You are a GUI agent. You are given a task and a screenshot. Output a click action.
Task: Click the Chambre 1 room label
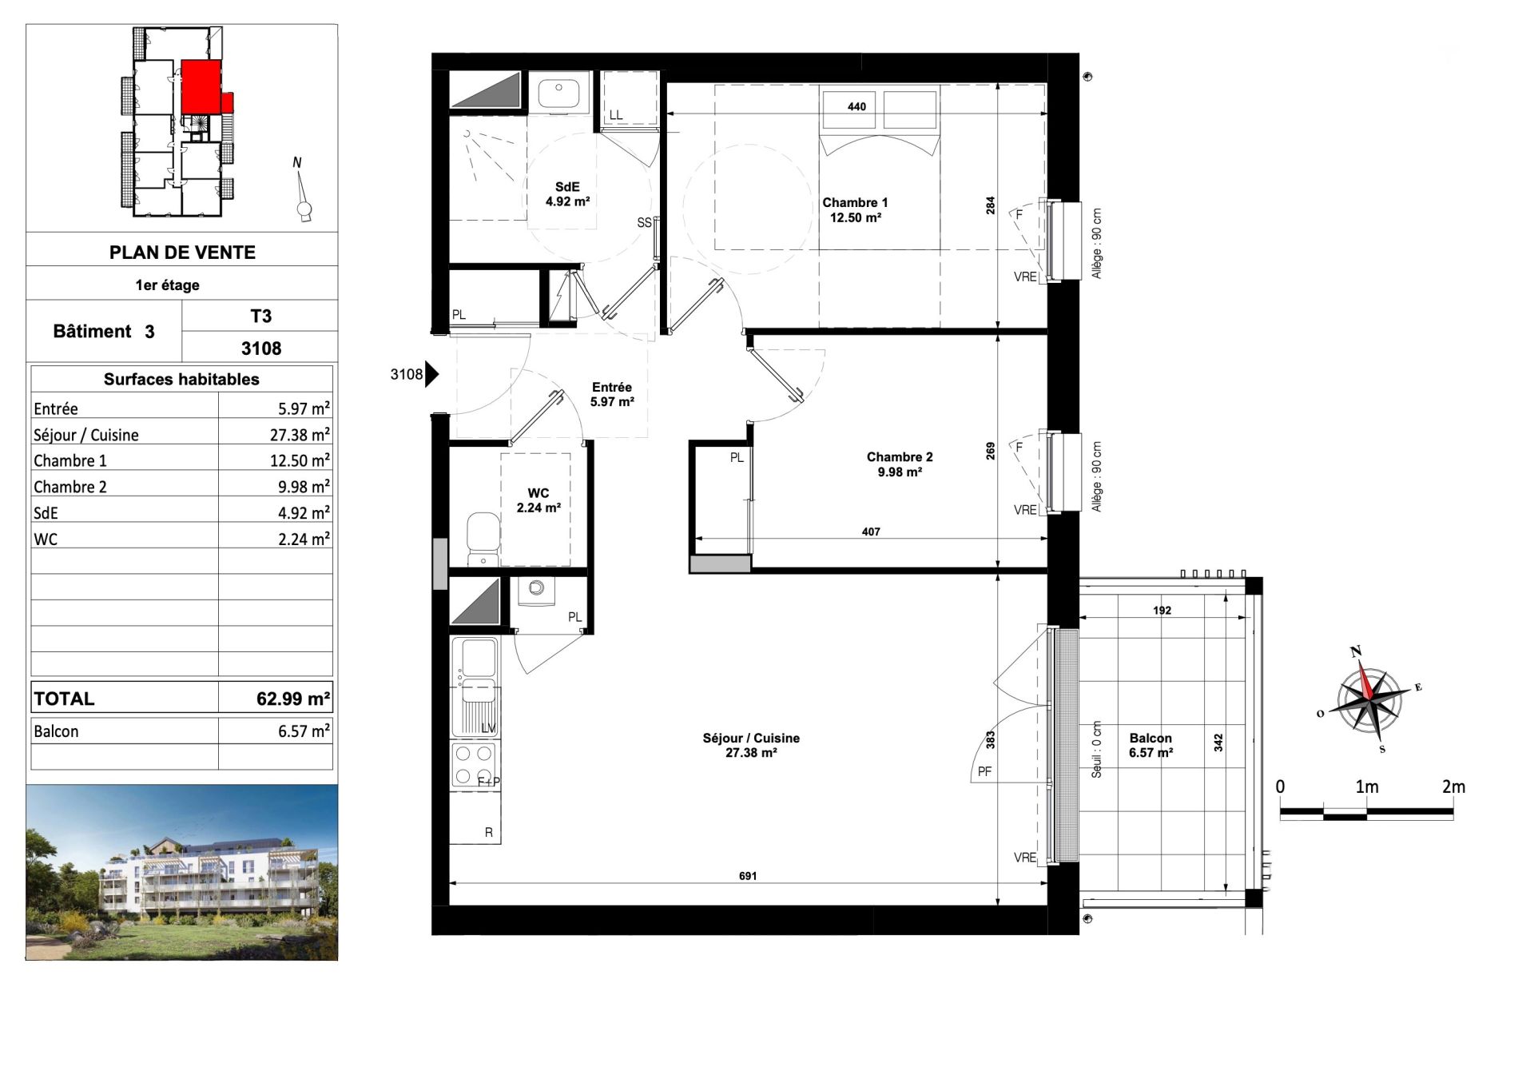(x=855, y=210)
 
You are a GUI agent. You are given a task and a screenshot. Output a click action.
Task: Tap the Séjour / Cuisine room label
(x=751, y=745)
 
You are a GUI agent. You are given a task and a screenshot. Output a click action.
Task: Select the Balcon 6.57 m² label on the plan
(x=1150, y=745)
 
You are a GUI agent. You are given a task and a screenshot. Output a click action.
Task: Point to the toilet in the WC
(x=483, y=536)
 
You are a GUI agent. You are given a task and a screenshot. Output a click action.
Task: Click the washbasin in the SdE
(x=558, y=94)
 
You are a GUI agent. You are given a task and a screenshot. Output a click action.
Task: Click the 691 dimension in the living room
(x=747, y=876)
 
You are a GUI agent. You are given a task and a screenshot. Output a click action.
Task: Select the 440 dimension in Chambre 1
(x=856, y=106)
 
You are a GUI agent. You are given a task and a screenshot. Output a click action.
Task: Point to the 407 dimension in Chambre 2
(x=871, y=532)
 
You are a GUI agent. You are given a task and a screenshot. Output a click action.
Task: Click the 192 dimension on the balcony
(x=1162, y=611)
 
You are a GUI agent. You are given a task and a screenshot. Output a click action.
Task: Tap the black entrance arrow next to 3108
(x=431, y=373)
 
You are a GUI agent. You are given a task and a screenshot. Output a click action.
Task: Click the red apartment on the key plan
(x=201, y=86)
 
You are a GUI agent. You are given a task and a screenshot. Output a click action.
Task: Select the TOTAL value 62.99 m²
(x=292, y=699)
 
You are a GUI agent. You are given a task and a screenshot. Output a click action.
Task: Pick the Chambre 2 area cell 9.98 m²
(x=304, y=487)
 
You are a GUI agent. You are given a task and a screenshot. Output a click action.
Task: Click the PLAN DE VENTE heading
(x=182, y=253)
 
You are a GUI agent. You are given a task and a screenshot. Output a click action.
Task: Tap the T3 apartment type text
(x=260, y=317)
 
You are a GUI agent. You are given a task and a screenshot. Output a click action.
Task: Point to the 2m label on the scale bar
(x=1453, y=787)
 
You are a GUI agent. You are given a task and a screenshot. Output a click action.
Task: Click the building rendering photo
(x=182, y=872)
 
